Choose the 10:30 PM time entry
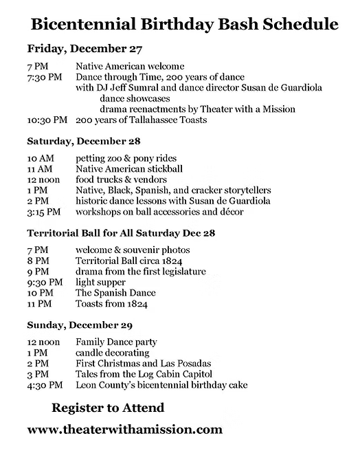click(47, 120)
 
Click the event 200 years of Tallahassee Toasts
click(142, 120)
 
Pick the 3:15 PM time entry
click(44, 212)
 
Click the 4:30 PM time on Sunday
click(45, 384)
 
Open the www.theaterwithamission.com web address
click(125, 429)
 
